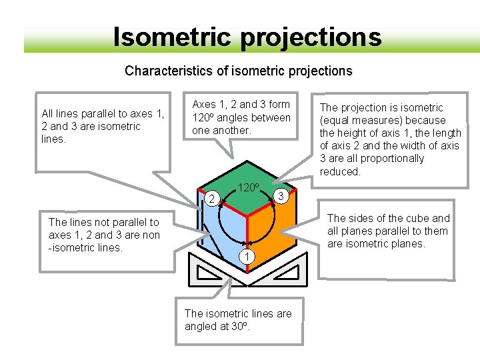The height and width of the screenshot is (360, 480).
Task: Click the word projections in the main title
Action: pyautogui.click(x=311, y=38)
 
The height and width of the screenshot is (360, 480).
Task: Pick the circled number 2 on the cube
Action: pyautogui.click(x=211, y=199)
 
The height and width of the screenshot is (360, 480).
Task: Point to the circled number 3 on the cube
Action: pyautogui.click(x=282, y=196)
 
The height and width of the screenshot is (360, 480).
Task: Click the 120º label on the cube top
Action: pyautogui.click(x=248, y=187)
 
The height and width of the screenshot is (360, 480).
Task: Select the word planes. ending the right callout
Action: pyautogui.click(x=407, y=244)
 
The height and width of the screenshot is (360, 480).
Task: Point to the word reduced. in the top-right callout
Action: pyautogui.click(x=340, y=171)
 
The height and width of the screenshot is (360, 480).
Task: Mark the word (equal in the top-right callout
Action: pyautogui.click(x=335, y=121)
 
